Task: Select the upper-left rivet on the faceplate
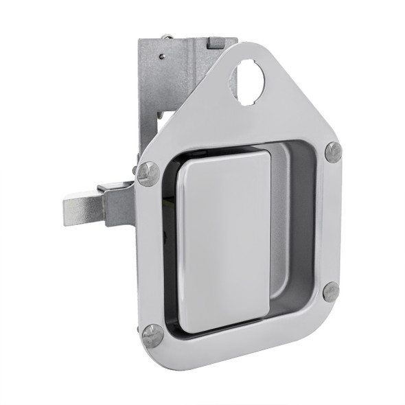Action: click(148, 172)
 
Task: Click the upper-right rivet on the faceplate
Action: click(333, 152)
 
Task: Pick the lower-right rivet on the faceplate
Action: click(331, 291)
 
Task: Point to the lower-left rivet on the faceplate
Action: click(153, 335)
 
